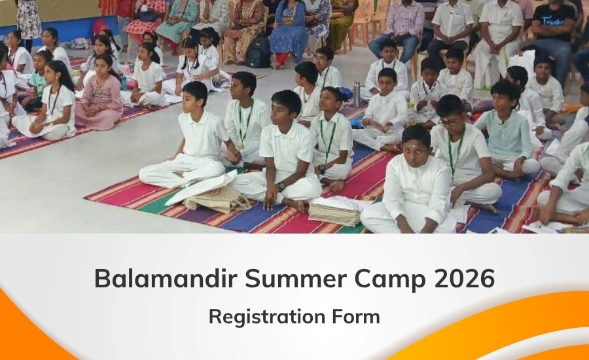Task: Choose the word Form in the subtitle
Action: (356, 316)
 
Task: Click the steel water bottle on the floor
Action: (356, 94)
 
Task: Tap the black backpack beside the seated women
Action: (258, 52)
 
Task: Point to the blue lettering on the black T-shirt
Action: (554, 21)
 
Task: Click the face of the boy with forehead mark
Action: (415, 144)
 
